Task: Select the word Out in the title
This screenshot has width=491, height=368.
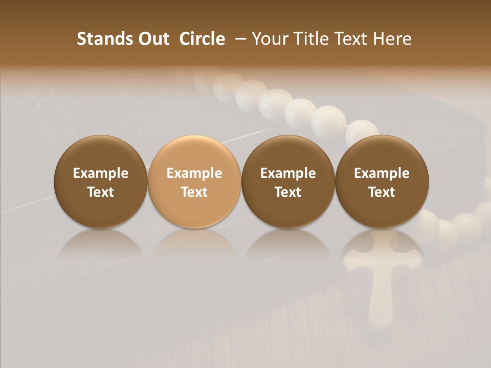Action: point(152,39)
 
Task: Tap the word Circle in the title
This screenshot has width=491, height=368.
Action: point(202,39)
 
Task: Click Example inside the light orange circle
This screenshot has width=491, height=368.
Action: point(194,173)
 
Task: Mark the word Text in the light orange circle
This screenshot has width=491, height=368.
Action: point(194,192)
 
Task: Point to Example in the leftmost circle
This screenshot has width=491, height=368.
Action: point(101,173)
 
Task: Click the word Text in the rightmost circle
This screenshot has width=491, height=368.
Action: point(382,192)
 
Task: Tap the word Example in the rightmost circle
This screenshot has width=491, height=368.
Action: point(382,173)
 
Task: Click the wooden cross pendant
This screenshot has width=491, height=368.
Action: point(382,276)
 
